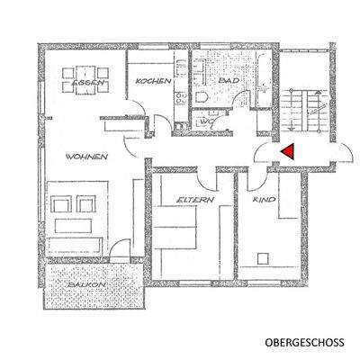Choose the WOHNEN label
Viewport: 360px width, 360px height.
(86, 157)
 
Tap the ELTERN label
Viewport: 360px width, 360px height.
(194, 200)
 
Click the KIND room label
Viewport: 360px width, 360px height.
(263, 200)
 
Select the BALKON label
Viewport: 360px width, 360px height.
(87, 285)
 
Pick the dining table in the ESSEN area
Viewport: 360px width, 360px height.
(88, 72)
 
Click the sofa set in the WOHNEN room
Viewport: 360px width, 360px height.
(76, 216)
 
